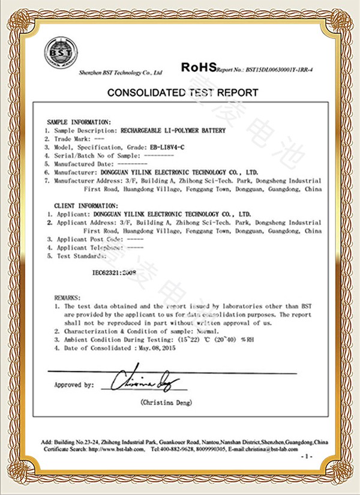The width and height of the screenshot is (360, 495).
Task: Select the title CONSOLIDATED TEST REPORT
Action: (182, 92)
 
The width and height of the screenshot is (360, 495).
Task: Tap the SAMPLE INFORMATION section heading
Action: (79, 122)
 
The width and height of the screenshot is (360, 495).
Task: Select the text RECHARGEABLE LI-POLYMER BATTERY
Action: (173, 130)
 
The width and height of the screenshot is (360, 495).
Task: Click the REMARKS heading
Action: (65, 298)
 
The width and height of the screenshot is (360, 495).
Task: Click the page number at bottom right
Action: (307, 458)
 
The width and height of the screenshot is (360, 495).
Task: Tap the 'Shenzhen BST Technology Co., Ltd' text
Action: (121, 72)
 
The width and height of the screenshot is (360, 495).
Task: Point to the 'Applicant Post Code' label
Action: (86, 239)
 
